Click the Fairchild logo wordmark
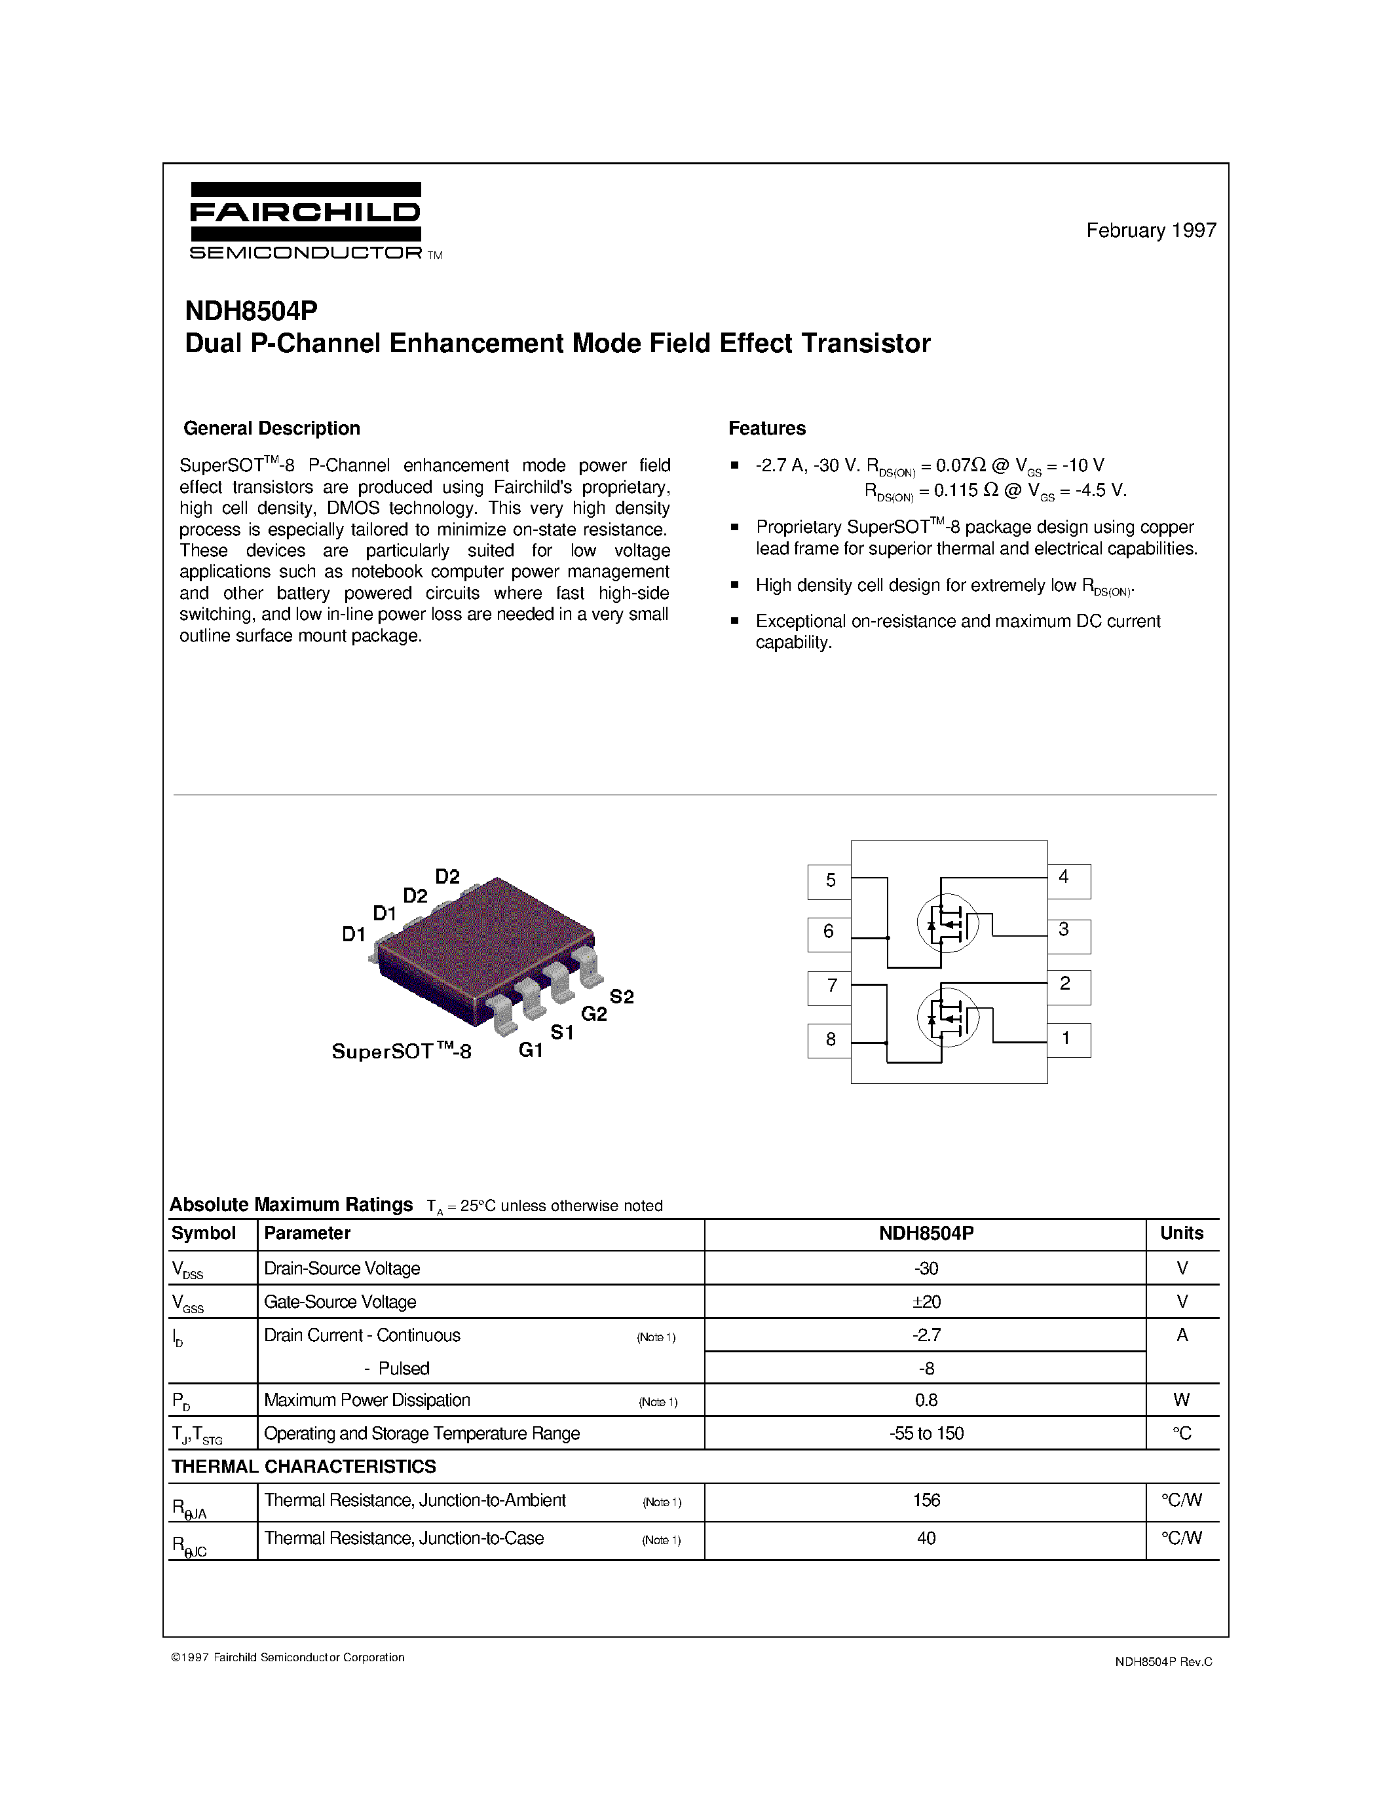click(305, 213)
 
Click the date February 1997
click(1150, 231)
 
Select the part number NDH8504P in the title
click(251, 311)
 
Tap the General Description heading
click(271, 429)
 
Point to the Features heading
click(766, 429)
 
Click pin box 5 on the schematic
click(829, 881)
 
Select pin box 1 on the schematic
click(1068, 1039)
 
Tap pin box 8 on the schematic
click(829, 1040)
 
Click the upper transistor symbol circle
click(947, 923)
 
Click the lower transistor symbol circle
click(947, 1017)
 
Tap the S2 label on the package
click(622, 998)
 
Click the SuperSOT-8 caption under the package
click(402, 1052)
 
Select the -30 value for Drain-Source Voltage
click(926, 1269)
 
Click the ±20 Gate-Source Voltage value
click(926, 1302)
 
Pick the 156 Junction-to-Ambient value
click(926, 1500)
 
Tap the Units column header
click(1181, 1233)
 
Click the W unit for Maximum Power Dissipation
click(1181, 1400)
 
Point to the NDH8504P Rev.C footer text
click(1163, 1663)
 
